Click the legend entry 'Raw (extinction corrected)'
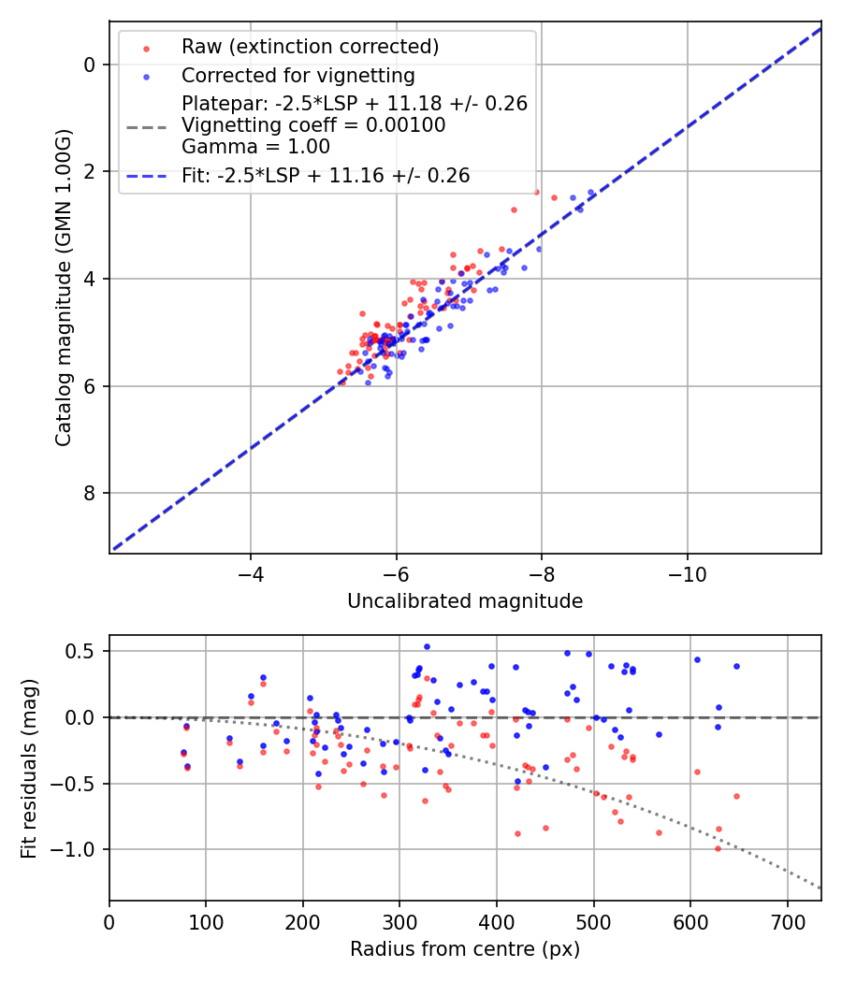[310, 47]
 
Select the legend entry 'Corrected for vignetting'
[298, 75]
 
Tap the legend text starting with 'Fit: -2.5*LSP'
[326, 175]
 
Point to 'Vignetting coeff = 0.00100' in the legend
[313, 125]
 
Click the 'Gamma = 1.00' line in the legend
[255, 146]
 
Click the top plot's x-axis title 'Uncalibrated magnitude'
[465, 601]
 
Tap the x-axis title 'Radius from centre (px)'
[465, 949]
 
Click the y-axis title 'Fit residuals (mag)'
[29, 769]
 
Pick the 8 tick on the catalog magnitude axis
[90, 494]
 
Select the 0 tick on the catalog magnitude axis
[90, 65]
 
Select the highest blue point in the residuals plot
[427, 646]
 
